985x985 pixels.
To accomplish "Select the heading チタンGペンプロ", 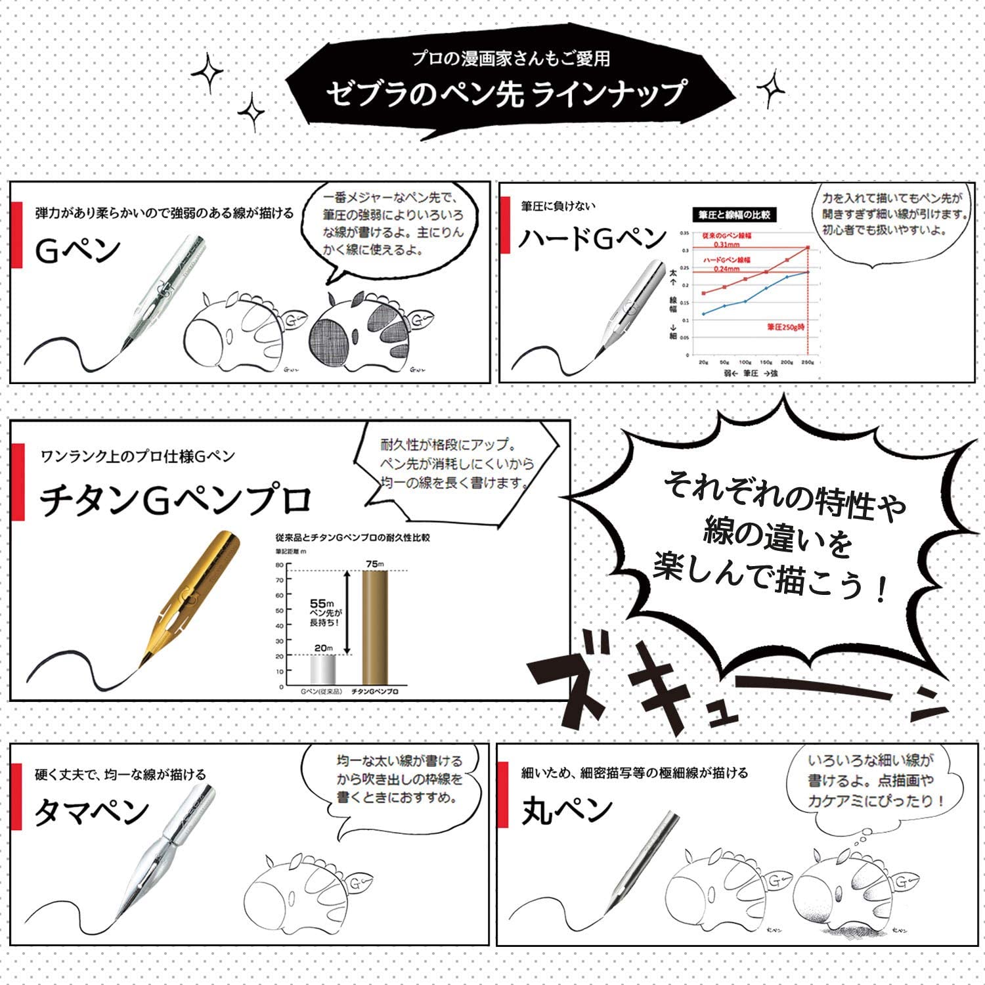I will coord(175,500).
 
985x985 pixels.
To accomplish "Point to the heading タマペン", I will coord(91,813).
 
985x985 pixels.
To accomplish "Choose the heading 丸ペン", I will coord(567,810).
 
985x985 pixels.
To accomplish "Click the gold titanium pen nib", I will coord(190,591).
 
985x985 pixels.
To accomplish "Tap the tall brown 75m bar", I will coord(375,627).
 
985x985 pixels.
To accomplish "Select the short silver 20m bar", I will coord(322,670).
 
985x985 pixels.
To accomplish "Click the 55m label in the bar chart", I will coord(322,603).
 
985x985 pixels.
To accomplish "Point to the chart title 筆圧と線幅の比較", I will coord(734,215).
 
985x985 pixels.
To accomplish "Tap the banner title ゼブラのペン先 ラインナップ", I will coord(506,93).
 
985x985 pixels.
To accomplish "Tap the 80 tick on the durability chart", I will coord(280,565).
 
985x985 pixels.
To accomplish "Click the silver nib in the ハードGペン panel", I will coord(630,302).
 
